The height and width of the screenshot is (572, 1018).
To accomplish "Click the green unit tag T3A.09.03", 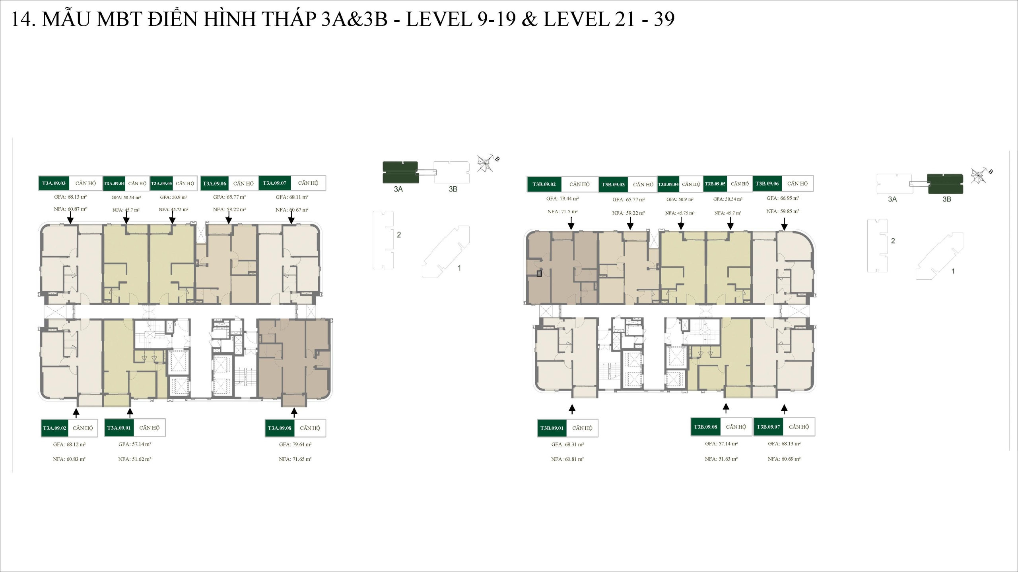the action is pos(54,183).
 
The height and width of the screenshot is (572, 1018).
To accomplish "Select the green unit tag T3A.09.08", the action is pos(280,428).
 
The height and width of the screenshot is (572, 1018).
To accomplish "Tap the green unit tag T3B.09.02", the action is pos(544,184).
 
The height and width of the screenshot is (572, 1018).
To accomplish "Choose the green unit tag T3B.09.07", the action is pos(768,427).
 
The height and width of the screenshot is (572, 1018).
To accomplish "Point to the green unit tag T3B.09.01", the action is pos(552,428).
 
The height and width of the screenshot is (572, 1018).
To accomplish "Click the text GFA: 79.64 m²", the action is pos(295,444).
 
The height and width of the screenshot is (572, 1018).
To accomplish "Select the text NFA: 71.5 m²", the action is pos(562,212).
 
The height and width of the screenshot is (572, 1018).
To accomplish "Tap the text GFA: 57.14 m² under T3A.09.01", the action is pos(135,444).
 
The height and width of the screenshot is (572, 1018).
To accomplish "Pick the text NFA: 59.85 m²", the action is pos(783,211).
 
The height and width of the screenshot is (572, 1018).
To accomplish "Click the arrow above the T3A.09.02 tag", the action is pos(76,413).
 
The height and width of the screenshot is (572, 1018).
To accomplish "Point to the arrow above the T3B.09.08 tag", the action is pos(726,408).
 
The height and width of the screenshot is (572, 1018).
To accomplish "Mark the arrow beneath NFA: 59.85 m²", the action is pos(784,225).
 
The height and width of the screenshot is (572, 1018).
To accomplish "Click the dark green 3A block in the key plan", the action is pos(400,172).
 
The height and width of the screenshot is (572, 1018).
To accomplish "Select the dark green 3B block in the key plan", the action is pos(946,184).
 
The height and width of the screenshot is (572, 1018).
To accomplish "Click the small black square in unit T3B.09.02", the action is pos(539,273).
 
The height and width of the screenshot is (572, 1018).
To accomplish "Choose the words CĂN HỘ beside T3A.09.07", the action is pos(308,183).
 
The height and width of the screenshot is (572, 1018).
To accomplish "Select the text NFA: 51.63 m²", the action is pos(721,459).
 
